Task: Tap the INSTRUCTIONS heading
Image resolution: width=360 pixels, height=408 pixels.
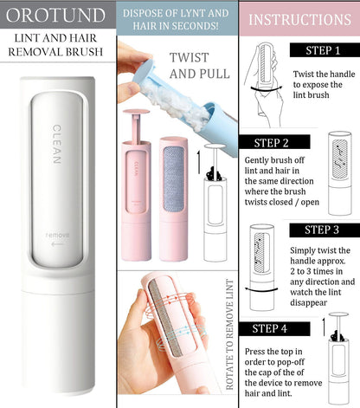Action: coord(300,19)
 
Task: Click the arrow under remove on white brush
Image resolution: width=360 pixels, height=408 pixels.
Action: coord(57,245)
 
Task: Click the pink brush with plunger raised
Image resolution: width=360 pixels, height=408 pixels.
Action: coord(136,182)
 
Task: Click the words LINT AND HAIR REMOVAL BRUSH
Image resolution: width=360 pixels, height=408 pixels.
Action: coord(57,43)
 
